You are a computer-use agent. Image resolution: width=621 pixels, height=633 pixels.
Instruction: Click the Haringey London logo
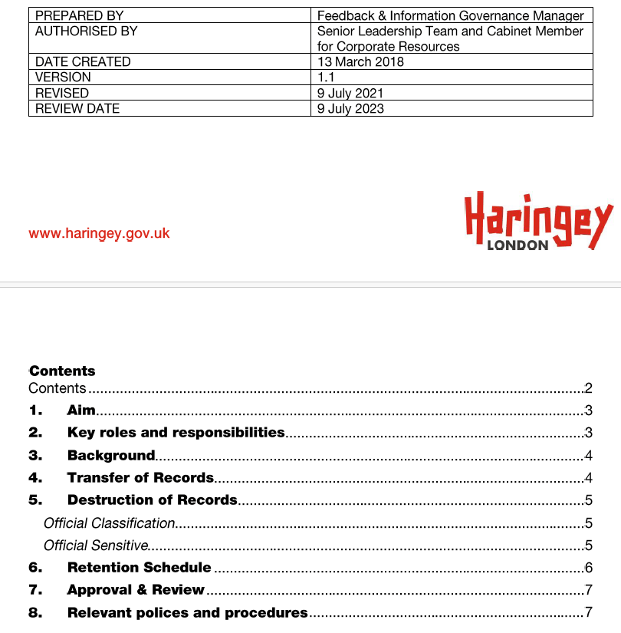point(538,222)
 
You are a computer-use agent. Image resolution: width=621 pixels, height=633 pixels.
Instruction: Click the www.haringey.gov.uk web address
point(99,233)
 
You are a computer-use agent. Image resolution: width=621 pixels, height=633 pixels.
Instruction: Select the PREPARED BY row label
point(79,15)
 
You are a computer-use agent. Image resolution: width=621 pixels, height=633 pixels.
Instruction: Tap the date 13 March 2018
point(360,61)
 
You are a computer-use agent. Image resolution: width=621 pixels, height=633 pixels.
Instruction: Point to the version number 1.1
point(326,77)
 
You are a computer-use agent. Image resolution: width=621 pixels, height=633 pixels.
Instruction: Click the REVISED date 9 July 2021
point(350,93)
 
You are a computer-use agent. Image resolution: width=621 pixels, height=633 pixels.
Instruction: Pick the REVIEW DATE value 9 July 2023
point(350,108)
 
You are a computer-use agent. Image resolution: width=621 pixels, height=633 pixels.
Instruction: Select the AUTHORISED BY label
point(87,31)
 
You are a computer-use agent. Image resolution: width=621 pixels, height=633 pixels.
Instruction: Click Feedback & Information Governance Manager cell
point(450,15)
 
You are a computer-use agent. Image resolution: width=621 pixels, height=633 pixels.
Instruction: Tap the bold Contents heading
point(62,371)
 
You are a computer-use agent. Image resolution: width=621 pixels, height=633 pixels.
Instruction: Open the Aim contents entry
point(81,410)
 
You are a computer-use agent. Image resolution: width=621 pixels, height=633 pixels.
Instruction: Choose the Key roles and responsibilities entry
point(176,433)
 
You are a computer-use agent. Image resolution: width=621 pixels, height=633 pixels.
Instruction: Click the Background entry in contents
point(111,455)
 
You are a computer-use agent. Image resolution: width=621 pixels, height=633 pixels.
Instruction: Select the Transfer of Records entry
point(140,477)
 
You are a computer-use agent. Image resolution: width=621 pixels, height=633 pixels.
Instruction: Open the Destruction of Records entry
point(152,499)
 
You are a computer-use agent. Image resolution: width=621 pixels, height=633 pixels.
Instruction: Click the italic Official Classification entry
point(110,523)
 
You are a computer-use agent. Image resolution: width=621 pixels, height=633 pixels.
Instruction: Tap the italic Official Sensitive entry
point(96,546)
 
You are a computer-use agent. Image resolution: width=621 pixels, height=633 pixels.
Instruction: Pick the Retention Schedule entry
point(139,568)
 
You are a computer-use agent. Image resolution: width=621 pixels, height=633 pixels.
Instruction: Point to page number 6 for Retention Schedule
point(588,569)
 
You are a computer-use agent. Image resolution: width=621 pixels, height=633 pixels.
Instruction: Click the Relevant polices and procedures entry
point(187,612)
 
